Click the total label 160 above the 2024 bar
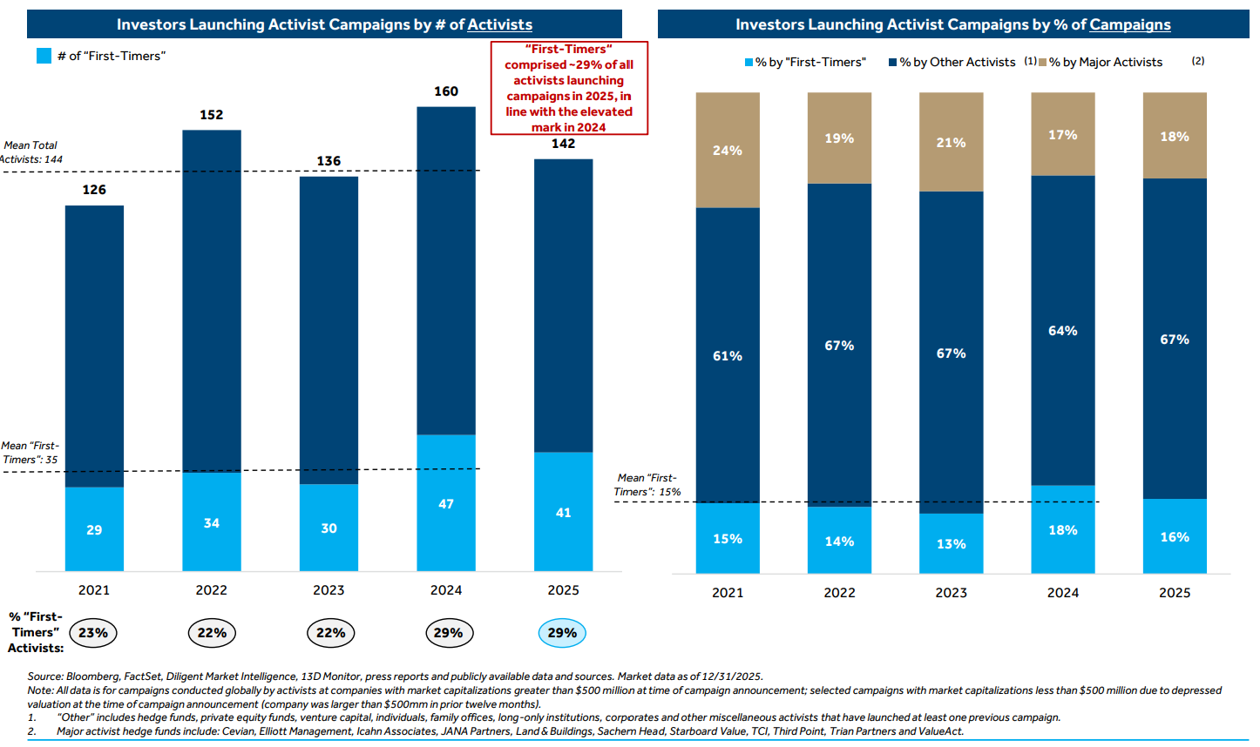[446, 91]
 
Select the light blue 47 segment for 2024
[446, 503]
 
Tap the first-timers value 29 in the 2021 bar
[94, 529]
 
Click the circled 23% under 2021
[93, 633]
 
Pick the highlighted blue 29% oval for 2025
[562, 633]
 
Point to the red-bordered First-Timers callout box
[569, 88]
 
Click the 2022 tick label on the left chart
[211, 590]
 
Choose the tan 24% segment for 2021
[728, 151]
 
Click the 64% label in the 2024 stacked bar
[1062, 331]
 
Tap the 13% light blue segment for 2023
[951, 544]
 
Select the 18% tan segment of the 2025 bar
[1174, 137]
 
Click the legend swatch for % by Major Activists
[1043, 63]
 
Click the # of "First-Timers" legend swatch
[44, 56]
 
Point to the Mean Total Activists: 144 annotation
[31, 152]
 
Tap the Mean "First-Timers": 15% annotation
[647, 485]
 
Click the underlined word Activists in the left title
[499, 24]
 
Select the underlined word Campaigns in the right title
[1129, 24]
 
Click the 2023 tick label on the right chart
[951, 593]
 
